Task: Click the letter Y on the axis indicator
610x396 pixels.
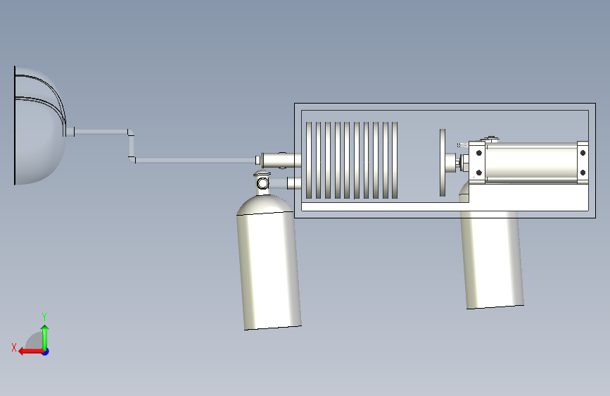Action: (44, 316)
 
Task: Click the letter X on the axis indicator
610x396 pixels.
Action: (14, 347)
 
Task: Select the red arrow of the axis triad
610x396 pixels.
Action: (31, 352)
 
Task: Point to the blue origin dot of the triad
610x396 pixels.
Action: (46, 352)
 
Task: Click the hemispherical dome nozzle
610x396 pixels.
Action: (39, 125)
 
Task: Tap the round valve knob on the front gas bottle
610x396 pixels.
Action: (262, 182)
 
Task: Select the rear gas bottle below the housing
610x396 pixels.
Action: (492, 257)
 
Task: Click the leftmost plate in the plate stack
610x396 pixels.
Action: (309, 160)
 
